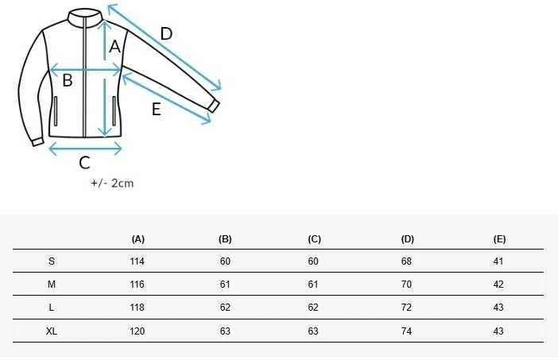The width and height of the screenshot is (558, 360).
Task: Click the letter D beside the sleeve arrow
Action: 166,34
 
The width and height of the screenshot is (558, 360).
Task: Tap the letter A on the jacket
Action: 114,47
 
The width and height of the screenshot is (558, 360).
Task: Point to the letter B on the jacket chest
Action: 68,80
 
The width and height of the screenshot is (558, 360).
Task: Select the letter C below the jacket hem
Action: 85,163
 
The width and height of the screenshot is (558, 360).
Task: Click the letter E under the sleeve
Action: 157,109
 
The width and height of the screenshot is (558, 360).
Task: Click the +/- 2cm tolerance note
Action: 112,184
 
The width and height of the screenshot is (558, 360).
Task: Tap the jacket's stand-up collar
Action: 85,17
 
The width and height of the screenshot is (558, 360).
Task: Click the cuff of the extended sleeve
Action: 214,106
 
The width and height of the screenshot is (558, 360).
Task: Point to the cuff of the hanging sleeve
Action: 37,142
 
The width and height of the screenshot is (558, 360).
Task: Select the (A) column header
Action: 138,239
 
